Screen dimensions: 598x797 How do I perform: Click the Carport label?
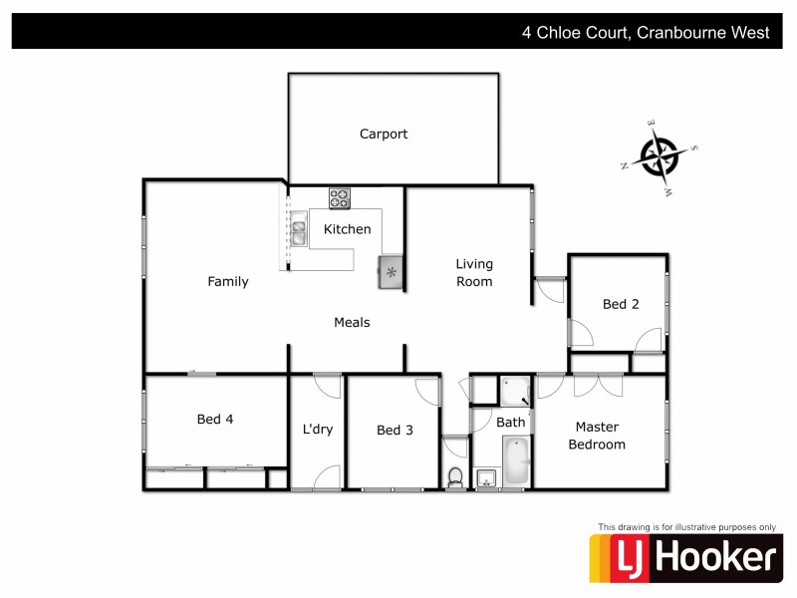(384, 135)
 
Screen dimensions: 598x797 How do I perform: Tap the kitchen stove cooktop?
(340, 198)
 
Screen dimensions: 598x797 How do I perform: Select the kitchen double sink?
(298, 233)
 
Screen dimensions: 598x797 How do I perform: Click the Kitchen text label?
(347, 229)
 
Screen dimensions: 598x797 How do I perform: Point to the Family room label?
(227, 282)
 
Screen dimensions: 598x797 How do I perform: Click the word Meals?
(352, 323)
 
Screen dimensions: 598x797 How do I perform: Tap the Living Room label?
(474, 273)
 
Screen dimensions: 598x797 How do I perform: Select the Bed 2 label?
(621, 305)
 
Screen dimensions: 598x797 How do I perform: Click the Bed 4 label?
(215, 420)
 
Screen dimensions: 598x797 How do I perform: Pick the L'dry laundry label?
(317, 431)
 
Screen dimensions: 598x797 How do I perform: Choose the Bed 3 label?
(395, 431)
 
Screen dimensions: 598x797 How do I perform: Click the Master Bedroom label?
(597, 436)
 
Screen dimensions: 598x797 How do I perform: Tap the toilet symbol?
(455, 477)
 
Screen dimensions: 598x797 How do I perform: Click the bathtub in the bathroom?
(515, 461)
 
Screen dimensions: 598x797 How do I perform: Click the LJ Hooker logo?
(684, 559)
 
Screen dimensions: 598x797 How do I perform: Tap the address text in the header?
(646, 32)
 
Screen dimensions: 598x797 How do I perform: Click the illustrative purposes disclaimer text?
(685, 526)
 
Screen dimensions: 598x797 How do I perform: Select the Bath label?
(511, 423)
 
